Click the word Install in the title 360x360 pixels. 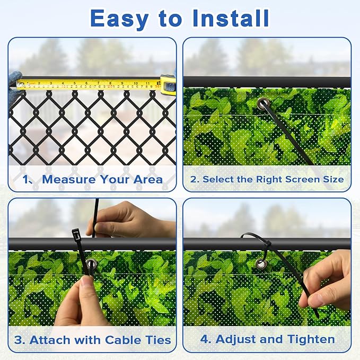pyautogui.click(x=231, y=18)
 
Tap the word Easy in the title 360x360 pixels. pyautogui.click(x=119, y=19)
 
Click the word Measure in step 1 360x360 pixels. pyautogui.click(x=69, y=179)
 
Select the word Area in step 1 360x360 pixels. pyautogui.click(x=148, y=179)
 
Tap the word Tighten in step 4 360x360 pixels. pyautogui.click(x=311, y=340)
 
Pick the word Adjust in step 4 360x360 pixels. pyautogui.click(x=235, y=340)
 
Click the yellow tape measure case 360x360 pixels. pyautogui.click(x=168, y=84)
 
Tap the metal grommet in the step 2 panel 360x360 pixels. pyautogui.click(x=263, y=103)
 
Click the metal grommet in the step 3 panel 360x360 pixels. pyautogui.click(x=91, y=264)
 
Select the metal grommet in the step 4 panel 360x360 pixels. pyautogui.click(x=261, y=264)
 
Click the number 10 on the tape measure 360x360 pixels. pyautogui.click(x=136, y=83)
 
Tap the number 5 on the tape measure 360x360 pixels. pyautogui.click(x=74, y=83)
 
